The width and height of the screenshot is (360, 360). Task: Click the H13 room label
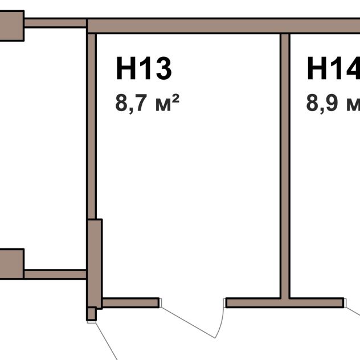144,68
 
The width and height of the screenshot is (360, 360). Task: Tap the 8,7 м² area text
147,103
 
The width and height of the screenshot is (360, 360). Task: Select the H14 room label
334,68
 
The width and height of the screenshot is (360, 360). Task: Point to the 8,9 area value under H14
322,103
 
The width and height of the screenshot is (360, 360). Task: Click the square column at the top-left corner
12,26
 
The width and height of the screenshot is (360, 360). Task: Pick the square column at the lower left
12,264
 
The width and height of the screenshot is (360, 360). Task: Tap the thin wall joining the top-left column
55,23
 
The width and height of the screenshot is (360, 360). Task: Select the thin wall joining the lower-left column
55,275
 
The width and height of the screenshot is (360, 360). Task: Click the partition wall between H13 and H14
285,166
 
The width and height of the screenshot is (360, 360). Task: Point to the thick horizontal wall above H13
223,26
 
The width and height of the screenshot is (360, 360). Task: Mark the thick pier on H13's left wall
95,264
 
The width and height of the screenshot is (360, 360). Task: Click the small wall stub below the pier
91,314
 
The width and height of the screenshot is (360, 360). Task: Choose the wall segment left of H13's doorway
131,302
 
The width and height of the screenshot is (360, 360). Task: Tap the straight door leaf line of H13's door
188,322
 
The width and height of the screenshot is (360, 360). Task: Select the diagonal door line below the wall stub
107,341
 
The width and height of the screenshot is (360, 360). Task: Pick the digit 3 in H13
163,68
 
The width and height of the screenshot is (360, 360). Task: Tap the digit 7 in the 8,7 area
142,103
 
